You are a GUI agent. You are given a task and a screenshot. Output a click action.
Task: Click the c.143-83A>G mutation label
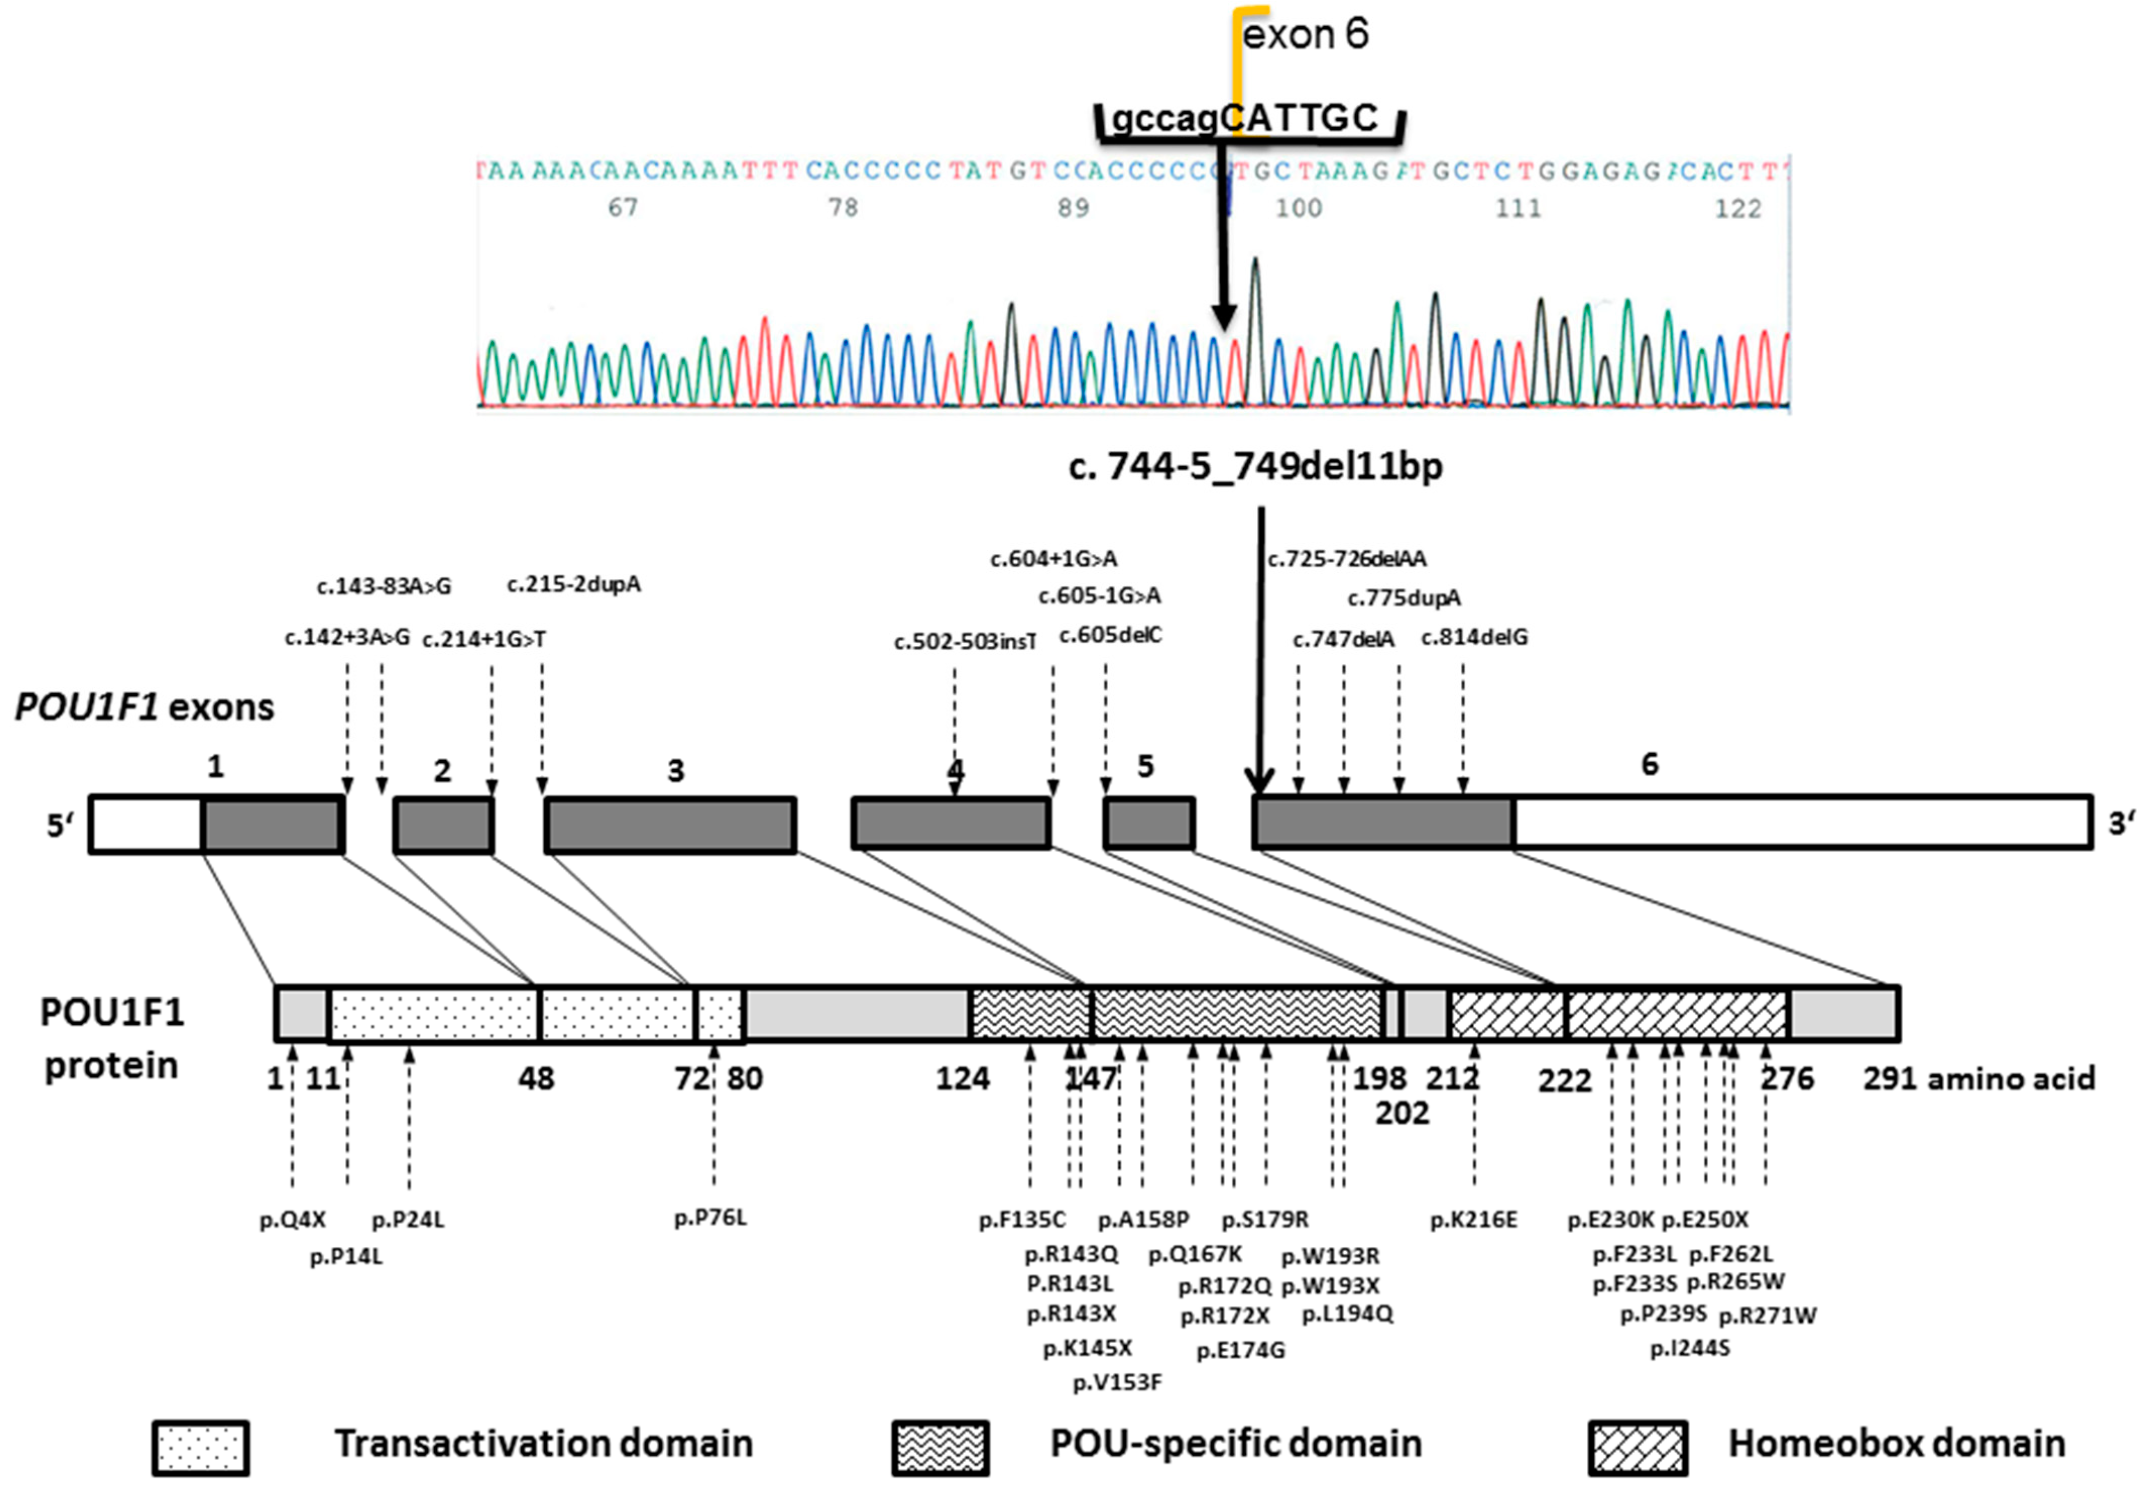point(384,586)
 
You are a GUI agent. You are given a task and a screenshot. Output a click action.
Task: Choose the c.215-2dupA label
point(574,584)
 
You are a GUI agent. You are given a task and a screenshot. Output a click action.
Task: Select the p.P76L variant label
point(711,1217)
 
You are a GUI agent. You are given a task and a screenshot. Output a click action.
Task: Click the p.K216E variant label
point(1474,1220)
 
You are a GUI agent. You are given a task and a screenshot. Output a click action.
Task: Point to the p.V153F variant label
point(1117,1382)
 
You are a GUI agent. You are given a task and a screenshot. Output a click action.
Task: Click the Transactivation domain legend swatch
point(201,1447)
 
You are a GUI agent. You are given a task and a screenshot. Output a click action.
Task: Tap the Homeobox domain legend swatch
point(1638,1447)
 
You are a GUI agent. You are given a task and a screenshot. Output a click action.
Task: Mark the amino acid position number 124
point(962,1079)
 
